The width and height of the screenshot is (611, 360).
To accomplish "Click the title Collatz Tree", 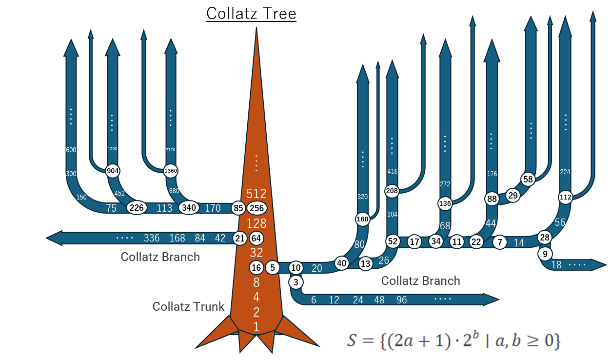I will pyautogui.click(x=251, y=13).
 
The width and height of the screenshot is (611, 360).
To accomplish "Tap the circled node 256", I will pyautogui.click(x=257, y=208).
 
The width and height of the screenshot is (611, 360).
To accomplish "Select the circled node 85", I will pyautogui.click(x=238, y=208).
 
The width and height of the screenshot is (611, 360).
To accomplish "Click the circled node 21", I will pyautogui.click(x=239, y=239).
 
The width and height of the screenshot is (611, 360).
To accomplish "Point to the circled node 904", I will pyautogui.click(x=113, y=171).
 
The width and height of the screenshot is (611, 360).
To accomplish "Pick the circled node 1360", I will pyautogui.click(x=171, y=171).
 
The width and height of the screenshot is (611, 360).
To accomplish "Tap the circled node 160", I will pyautogui.click(x=362, y=219).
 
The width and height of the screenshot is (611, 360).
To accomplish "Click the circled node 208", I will pyautogui.click(x=392, y=191).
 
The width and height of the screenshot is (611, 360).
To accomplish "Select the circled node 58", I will pyautogui.click(x=528, y=179).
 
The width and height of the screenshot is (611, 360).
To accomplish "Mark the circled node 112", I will pyautogui.click(x=565, y=198).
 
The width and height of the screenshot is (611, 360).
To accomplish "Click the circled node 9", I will pyautogui.click(x=545, y=254).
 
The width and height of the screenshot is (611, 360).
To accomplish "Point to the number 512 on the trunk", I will pyautogui.click(x=256, y=193).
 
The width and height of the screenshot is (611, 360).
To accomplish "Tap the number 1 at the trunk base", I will pyautogui.click(x=256, y=327).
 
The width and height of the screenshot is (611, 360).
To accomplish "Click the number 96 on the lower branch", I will pyautogui.click(x=401, y=300).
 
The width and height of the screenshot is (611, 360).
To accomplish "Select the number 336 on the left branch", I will pyautogui.click(x=152, y=238).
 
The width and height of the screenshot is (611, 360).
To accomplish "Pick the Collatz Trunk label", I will pyautogui.click(x=188, y=306).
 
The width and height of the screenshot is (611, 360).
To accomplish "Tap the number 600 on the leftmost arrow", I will pyautogui.click(x=71, y=150).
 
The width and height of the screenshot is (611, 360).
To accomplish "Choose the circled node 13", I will pyautogui.click(x=365, y=264).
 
